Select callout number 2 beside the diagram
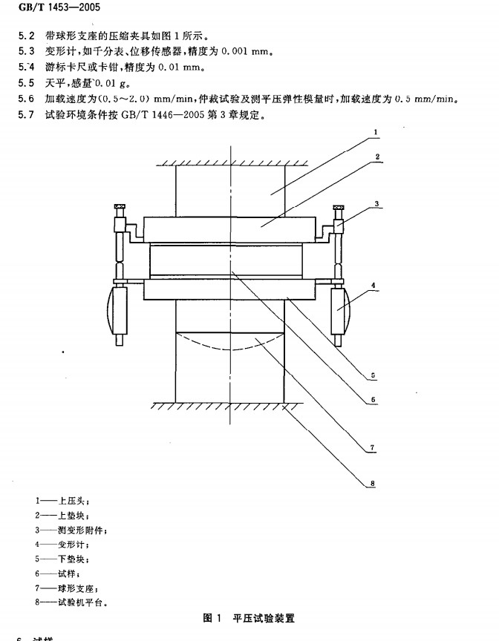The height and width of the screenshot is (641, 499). pyautogui.click(x=376, y=157)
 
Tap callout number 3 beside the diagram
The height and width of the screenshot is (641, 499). pyautogui.click(x=377, y=203)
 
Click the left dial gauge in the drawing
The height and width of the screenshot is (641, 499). pyautogui.click(x=117, y=310)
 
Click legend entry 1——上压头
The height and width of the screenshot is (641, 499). pyautogui.click(x=62, y=501)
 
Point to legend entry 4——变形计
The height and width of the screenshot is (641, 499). pyautogui.click(x=62, y=544)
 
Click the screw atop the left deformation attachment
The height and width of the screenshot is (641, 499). pyautogui.click(x=118, y=207)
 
